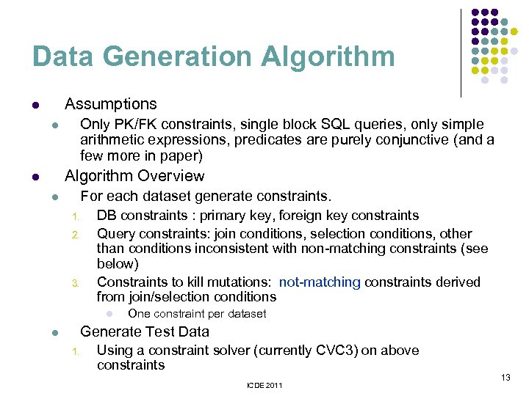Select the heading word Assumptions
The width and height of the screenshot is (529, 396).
click(x=111, y=104)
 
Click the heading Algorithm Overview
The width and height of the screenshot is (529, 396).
click(x=134, y=176)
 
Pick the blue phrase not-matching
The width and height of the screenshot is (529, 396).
click(x=320, y=282)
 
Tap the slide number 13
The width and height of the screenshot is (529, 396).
click(x=505, y=377)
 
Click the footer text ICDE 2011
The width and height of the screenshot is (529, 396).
click(x=265, y=385)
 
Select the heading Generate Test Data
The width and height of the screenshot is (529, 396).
click(x=145, y=331)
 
